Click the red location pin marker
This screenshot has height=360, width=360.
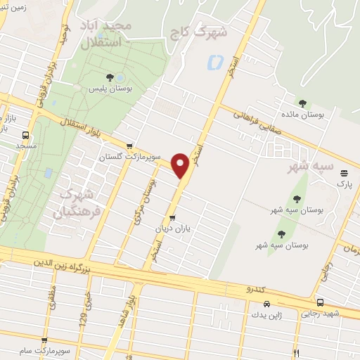pos(181,165)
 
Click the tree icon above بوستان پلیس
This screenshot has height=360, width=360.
pos(109,77)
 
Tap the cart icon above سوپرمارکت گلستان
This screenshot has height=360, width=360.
pos(129,146)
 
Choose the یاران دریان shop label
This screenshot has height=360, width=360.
pos(172,229)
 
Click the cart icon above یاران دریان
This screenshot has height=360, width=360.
pos(173,218)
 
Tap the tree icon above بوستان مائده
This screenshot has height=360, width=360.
pos(302,103)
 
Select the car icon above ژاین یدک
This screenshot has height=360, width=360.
pos(266,304)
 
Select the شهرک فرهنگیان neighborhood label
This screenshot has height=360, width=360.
pos(80,200)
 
